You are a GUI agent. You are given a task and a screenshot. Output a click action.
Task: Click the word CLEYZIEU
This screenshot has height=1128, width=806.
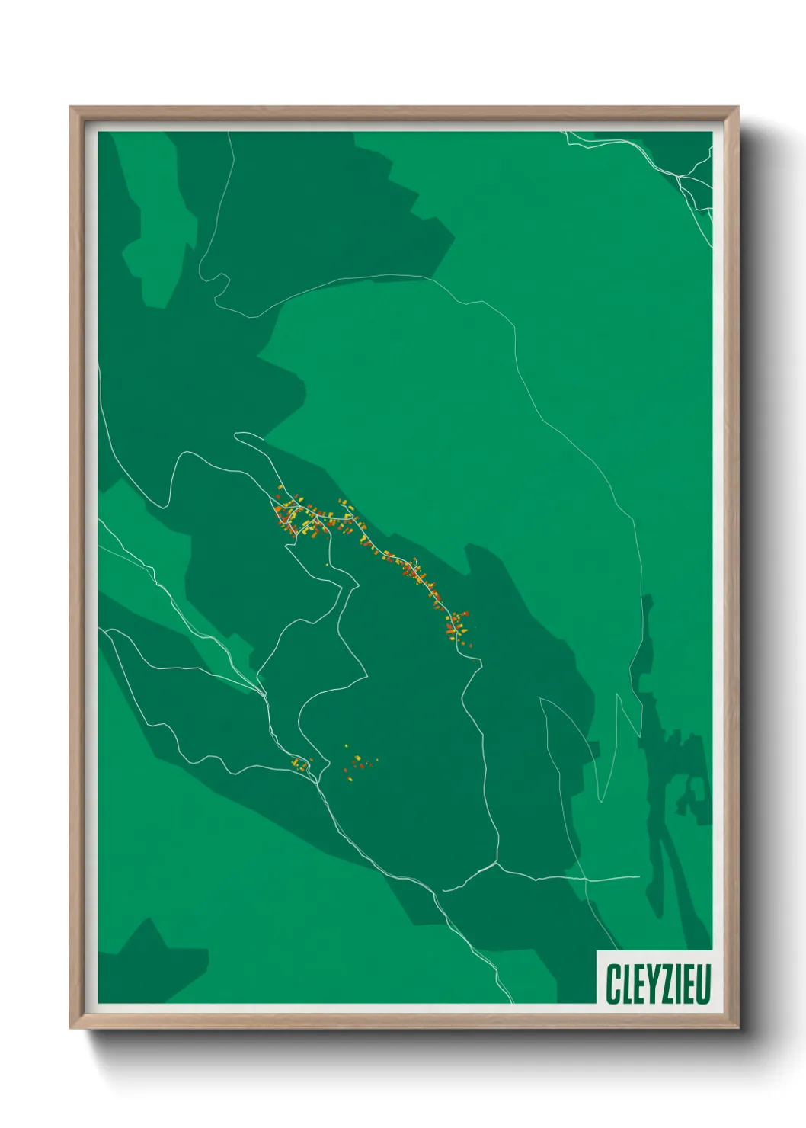[658, 983]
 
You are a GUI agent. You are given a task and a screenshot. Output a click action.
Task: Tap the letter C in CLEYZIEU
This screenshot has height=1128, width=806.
[612, 983]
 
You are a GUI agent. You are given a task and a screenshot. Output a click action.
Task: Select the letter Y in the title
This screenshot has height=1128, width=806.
[647, 983]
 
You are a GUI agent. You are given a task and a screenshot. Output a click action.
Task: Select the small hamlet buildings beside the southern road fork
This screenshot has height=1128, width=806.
[300, 764]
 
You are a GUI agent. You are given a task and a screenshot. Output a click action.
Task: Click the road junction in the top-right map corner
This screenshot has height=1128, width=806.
[679, 178]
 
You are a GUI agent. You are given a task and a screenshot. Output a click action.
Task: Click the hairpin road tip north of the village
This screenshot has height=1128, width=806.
[237, 436]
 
